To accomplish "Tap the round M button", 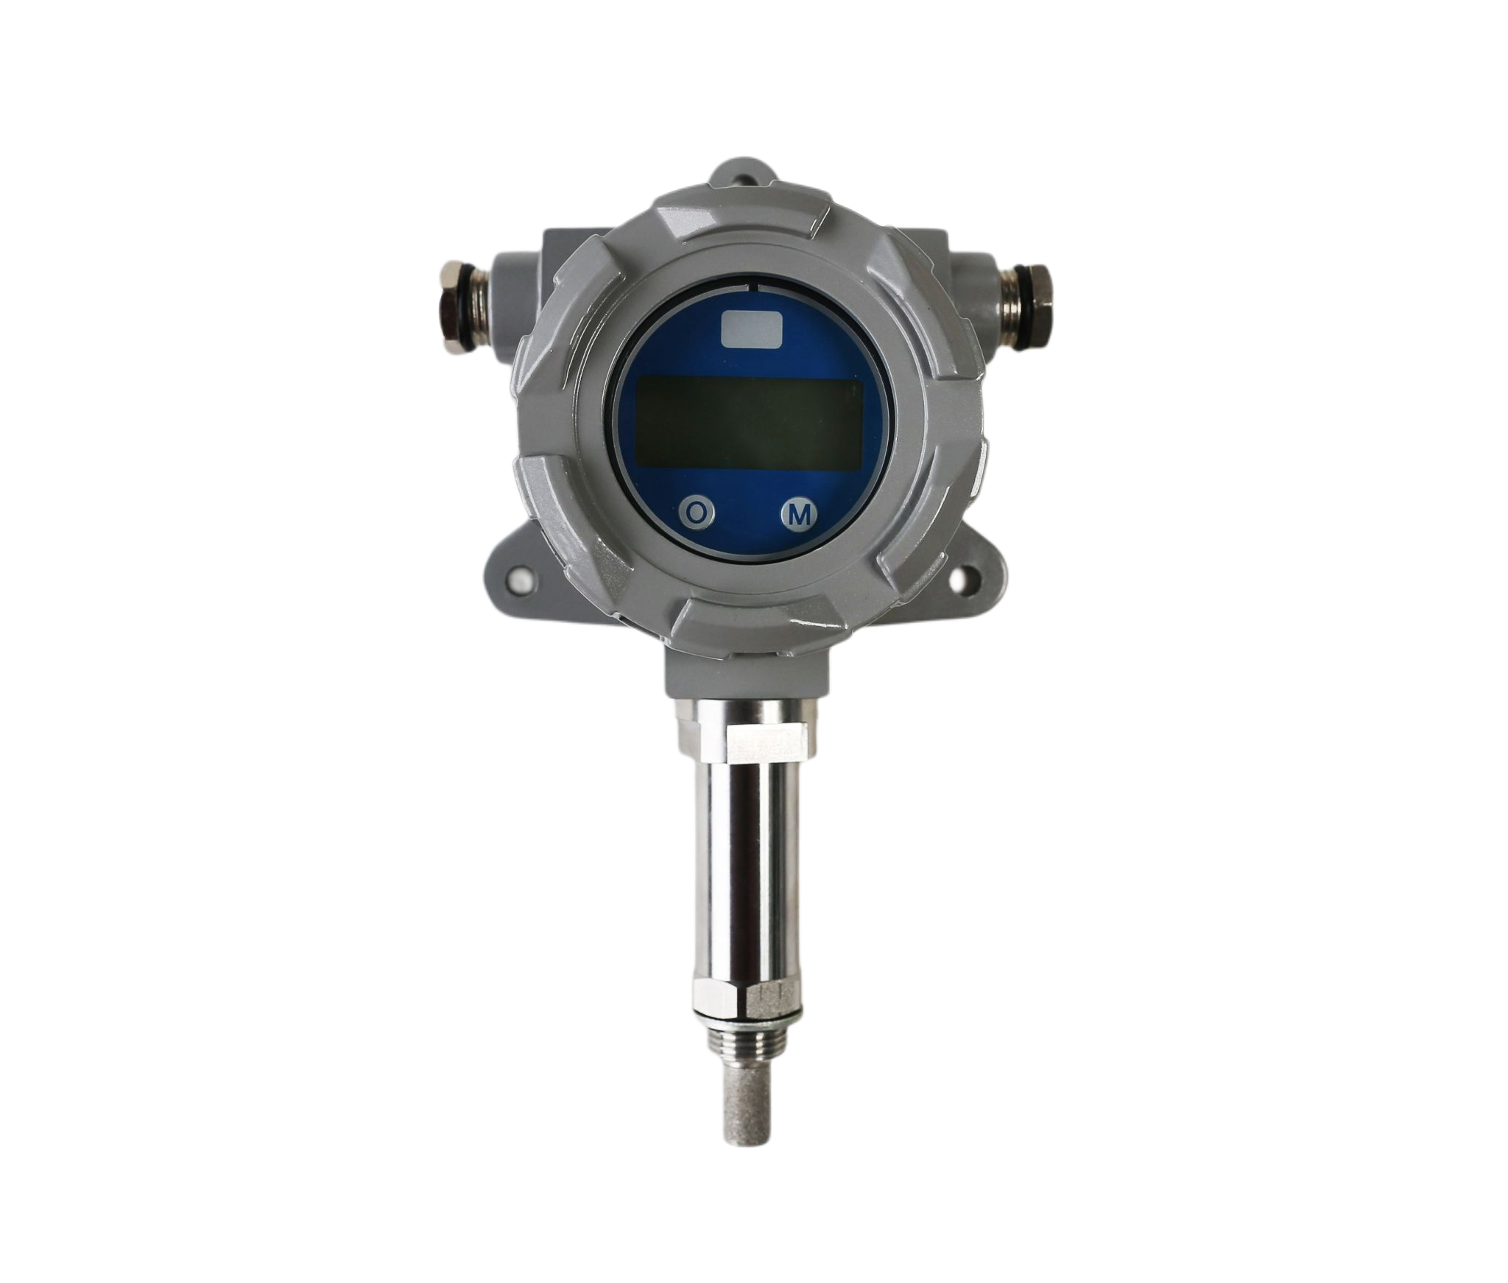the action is coord(798,515).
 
